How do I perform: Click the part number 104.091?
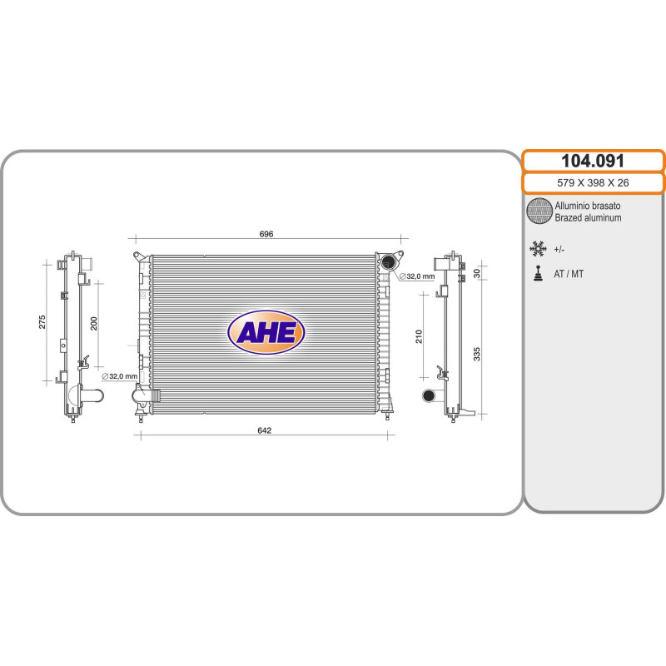point(593,161)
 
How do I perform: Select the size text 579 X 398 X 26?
point(593,182)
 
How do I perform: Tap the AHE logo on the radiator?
point(266,332)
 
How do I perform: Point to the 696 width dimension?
point(266,234)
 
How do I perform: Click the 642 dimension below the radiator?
point(264,430)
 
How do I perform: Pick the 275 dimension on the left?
point(42,321)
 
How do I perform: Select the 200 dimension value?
point(94,323)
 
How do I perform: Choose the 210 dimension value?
point(419,336)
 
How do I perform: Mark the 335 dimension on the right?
point(476,354)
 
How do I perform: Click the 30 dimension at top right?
point(476,273)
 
